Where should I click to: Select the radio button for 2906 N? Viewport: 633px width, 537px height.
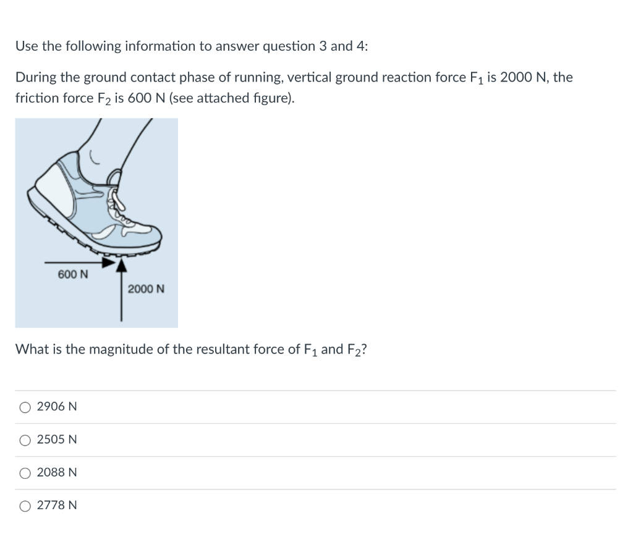click(25, 407)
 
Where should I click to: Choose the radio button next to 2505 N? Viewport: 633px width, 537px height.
click(25, 440)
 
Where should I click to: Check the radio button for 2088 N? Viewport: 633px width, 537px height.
click(25, 473)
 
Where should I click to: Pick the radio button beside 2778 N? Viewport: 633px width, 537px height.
click(25, 505)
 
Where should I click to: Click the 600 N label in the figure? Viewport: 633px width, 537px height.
click(72, 274)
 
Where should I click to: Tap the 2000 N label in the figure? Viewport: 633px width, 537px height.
click(146, 289)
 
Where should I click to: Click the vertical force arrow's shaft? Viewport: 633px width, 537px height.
click(121, 297)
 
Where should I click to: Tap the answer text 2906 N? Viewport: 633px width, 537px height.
click(57, 407)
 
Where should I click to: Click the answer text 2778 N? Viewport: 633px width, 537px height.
click(57, 505)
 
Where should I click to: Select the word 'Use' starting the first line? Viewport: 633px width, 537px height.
click(26, 46)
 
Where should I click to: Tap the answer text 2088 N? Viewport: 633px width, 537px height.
click(57, 473)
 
